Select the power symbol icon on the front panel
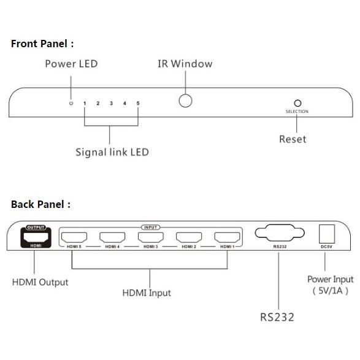click(71, 103)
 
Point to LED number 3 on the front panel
click(112, 103)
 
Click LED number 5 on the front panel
click(138, 103)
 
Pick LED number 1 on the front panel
click(85, 103)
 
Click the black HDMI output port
click(36, 237)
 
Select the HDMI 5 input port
click(74, 237)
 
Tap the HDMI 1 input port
click(227, 237)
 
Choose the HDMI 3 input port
click(151, 237)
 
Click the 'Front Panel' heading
click(42, 44)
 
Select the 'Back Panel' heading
click(41, 204)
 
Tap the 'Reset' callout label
click(293, 139)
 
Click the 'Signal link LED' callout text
click(112, 153)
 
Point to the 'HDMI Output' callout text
click(40, 282)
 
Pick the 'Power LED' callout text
click(71, 64)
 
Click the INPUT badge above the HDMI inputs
click(151, 228)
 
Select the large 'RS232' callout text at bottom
click(277, 317)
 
